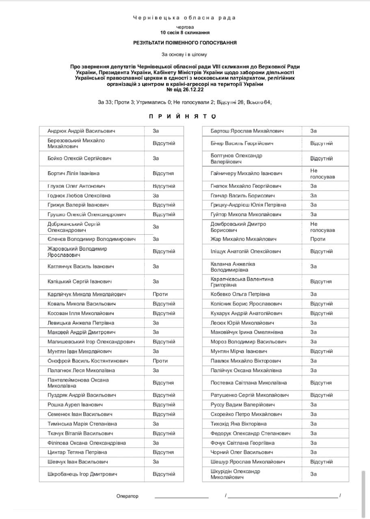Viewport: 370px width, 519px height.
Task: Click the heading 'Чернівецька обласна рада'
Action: [x=184, y=18]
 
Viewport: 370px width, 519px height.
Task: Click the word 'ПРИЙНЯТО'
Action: [x=182, y=116]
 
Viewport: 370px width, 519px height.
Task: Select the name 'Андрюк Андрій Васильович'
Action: [x=81, y=131]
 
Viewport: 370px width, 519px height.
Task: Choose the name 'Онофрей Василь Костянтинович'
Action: [x=88, y=361]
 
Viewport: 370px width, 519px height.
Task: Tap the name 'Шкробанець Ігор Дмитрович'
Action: [x=82, y=474]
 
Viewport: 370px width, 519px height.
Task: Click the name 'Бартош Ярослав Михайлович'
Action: [x=247, y=131]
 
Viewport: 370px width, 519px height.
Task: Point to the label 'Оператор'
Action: [x=127, y=496]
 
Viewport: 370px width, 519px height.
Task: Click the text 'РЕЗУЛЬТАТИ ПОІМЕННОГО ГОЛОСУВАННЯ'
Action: [x=185, y=43]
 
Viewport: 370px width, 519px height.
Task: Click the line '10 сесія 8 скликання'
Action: [x=185, y=32]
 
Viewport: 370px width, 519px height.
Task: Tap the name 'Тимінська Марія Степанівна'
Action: [x=82, y=424]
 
